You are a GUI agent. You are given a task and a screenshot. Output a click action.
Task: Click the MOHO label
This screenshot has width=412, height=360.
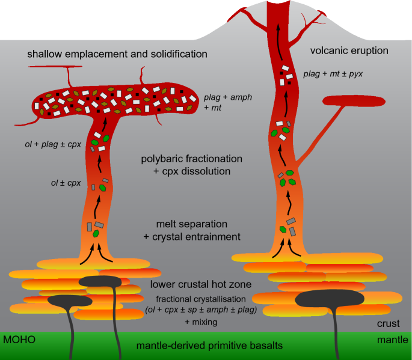click(19, 340)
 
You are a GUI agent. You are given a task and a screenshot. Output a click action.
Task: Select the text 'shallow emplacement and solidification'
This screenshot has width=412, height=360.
click(117, 55)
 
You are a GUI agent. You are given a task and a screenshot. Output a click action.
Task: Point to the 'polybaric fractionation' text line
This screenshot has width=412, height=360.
click(192, 159)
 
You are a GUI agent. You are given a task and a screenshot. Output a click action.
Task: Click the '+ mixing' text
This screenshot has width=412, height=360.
click(201, 323)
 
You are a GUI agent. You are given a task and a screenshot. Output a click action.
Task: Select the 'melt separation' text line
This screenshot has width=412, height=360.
click(192, 224)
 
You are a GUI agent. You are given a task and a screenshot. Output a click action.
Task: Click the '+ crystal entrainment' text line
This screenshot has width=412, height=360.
click(192, 237)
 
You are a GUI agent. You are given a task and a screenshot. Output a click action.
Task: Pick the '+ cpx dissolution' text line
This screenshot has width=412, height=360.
click(192, 172)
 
